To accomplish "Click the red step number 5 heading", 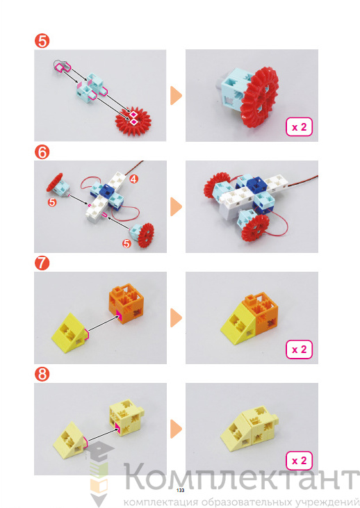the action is click(x=42, y=41).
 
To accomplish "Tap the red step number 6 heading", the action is click(x=42, y=152).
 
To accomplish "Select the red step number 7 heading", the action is click(x=42, y=263).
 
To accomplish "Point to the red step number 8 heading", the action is click(x=42, y=375).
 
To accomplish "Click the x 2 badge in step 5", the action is click(x=299, y=127).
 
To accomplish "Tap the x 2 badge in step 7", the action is click(x=299, y=350).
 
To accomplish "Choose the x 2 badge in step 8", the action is click(x=299, y=461).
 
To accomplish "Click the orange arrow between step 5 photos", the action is click(x=176, y=96).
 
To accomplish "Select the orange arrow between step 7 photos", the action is click(x=176, y=318).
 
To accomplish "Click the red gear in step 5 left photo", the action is click(x=133, y=119).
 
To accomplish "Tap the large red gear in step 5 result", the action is click(x=260, y=97).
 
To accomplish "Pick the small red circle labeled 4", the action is click(x=134, y=179).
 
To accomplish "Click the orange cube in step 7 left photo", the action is click(x=126, y=302).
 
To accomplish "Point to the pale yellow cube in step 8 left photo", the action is click(x=126, y=417).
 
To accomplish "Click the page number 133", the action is click(x=180, y=490).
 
